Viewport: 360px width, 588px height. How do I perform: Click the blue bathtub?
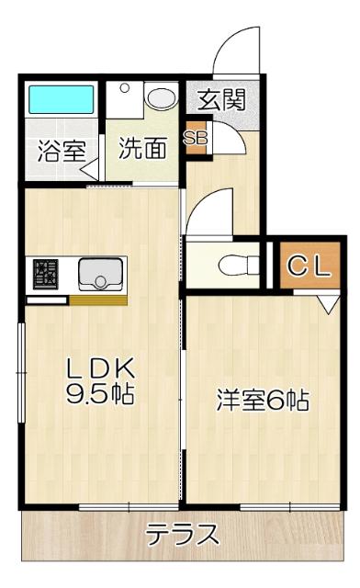[61, 99]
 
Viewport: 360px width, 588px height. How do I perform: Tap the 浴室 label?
[61, 151]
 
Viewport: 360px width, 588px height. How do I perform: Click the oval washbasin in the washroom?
[162, 98]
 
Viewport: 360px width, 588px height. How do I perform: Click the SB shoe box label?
[196, 138]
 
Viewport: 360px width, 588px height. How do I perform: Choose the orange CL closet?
[307, 266]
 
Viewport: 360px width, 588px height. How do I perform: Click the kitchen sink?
[100, 273]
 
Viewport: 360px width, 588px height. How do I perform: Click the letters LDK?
[100, 368]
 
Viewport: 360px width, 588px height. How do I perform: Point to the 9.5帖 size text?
[100, 396]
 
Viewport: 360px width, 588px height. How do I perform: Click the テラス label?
[183, 535]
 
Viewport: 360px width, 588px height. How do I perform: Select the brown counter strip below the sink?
[98, 300]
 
